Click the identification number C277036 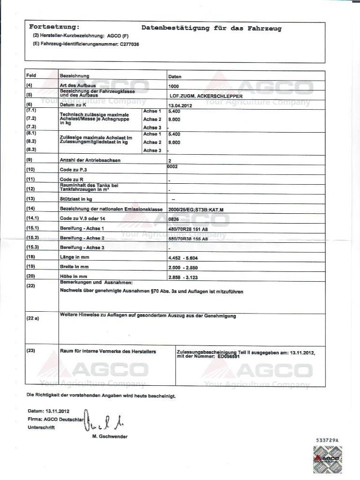[130, 44]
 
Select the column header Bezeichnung [75, 76]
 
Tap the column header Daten [175, 76]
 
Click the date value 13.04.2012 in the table [180, 106]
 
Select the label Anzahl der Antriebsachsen [90, 160]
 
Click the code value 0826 [173, 219]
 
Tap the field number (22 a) [32, 318]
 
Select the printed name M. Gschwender [110, 436]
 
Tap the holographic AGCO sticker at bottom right [327, 458]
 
